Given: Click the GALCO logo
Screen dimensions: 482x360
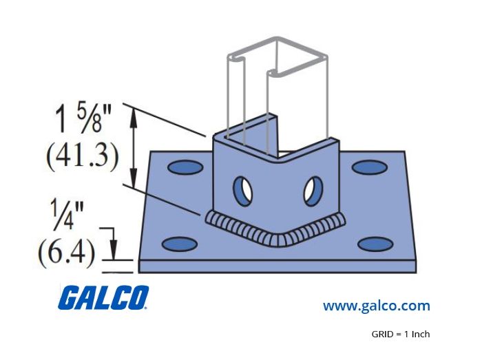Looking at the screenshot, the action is (x=103, y=297).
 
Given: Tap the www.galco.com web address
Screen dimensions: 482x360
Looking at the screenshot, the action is (x=376, y=306).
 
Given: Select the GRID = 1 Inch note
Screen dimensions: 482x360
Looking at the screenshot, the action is (x=401, y=334).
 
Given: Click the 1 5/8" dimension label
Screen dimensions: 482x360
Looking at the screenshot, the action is (x=83, y=119).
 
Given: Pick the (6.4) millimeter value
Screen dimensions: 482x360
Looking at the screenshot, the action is (x=66, y=252).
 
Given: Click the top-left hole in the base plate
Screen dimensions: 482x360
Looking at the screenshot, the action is (x=185, y=168).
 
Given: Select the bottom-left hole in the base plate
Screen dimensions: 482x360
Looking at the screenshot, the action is (x=180, y=244).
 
